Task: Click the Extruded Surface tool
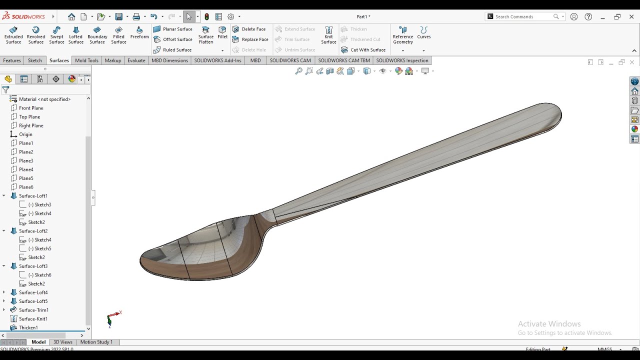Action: coord(13,35)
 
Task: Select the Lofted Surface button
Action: coord(76,35)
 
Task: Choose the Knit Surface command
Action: coord(328,35)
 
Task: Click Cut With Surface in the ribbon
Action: coord(363,50)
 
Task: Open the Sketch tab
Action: coord(35,60)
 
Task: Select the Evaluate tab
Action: coord(136,60)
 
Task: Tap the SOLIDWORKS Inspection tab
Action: coord(402,60)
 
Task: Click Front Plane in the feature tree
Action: coord(31,108)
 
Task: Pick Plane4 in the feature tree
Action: coord(26,169)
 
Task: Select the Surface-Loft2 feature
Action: coord(33,231)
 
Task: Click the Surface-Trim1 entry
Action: coord(33,310)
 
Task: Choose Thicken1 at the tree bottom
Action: coord(28,327)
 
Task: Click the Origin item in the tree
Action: coord(25,134)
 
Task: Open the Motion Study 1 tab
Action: coord(96,342)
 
